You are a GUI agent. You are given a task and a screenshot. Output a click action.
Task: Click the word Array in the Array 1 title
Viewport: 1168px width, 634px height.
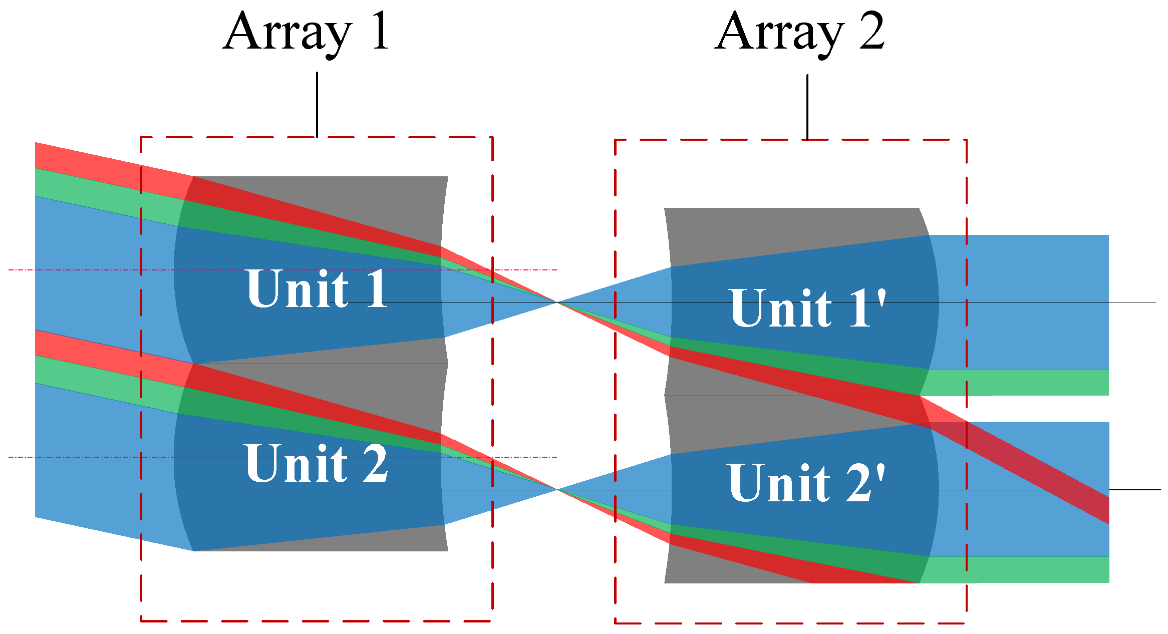tap(287, 33)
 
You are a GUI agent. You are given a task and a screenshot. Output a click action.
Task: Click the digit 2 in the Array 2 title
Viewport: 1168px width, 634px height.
tap(872, 32)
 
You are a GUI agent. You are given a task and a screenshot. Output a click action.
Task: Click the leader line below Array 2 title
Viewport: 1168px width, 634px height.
tap(807, 107)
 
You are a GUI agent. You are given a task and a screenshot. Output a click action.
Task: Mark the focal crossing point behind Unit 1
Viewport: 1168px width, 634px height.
tap(556, 302)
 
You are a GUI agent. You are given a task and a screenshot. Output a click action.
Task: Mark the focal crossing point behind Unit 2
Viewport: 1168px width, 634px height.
tap(556, 489)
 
